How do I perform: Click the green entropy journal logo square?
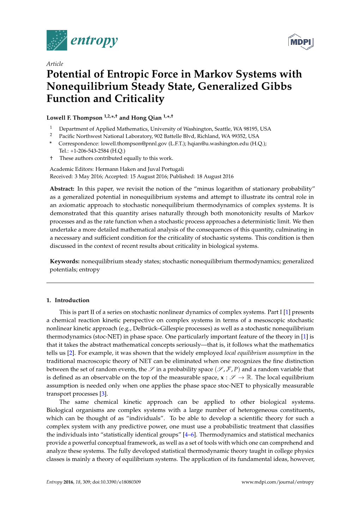coord(57,40)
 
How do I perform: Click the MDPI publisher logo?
coord(301,42)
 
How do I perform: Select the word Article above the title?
coord(55,64)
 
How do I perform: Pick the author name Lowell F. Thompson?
coord(74,118)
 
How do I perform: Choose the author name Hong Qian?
coord(146,118)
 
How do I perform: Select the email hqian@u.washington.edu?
coord(218,144)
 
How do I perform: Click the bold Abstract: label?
coord(62,189)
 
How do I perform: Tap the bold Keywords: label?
coord(65,262)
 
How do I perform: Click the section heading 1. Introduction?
coord(68,300)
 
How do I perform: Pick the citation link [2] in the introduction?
coord(71,353)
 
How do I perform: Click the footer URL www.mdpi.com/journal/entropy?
coord(277,482)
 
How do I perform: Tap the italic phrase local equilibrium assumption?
coord(260,353)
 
